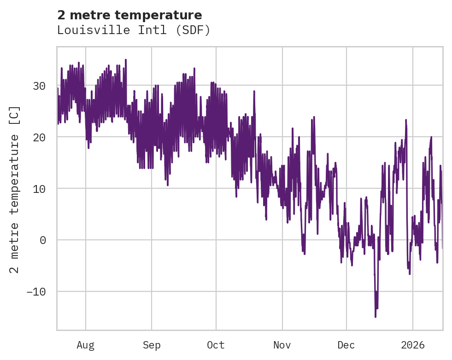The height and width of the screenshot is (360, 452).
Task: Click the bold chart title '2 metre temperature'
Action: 129,15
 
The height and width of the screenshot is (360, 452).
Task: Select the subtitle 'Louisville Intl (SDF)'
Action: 134,30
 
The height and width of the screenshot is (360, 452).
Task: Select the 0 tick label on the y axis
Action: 42,240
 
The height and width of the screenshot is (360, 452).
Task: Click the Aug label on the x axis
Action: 85,345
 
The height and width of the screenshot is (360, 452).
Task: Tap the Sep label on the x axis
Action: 151,345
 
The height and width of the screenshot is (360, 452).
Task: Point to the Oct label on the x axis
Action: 216,345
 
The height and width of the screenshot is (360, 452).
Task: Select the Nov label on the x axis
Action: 282,345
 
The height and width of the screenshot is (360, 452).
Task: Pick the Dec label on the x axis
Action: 346,345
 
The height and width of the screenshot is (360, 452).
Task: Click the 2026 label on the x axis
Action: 412,345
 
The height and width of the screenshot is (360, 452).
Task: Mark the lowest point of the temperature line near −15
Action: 376,317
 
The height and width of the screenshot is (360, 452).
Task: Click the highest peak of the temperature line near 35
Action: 125,59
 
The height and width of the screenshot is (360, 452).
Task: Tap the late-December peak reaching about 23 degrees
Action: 406,120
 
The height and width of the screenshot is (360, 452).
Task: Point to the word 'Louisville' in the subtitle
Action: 85,30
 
